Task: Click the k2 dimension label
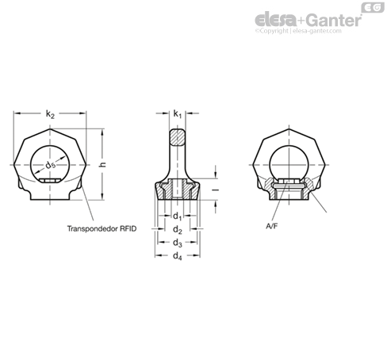coord(50,114)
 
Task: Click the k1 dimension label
coord(178,114)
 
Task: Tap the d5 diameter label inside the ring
coord(51,166)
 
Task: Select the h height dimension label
coord(103,164)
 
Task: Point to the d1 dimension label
coord(178,216)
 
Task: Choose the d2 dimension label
coord(178,230)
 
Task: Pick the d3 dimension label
coord(178,243)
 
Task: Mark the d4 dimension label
coord(178,256)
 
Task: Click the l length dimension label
coord(216,190)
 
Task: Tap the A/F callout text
coord(272,226)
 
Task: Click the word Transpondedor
coord(93,228)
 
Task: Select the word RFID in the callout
coord(128,228)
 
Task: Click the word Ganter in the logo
coord(335,20)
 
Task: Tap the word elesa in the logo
coord(276,20)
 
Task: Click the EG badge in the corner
coord(373,7)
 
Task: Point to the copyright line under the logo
coord(298,31)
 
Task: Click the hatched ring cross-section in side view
coord(178,137)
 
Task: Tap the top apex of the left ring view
coord(50,128)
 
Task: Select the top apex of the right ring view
coord(289,128)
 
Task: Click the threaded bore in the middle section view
coord(178,189)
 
